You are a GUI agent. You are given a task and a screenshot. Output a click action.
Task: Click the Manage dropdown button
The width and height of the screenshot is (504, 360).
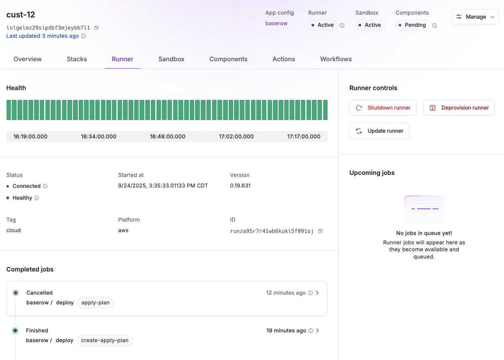475,17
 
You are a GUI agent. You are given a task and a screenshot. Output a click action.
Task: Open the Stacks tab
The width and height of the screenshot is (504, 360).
77,59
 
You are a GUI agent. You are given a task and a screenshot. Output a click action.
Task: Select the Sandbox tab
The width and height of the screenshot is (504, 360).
171,59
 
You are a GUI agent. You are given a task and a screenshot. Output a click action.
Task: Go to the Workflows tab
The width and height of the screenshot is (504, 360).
336,59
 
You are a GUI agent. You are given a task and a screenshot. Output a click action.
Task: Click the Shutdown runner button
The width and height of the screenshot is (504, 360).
383,108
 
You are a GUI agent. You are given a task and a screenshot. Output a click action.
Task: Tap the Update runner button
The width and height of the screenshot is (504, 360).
379,131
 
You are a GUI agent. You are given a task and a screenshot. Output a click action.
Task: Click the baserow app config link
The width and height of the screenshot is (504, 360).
276,24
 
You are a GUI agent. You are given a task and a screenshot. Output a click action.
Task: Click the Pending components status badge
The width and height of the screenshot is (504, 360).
412,25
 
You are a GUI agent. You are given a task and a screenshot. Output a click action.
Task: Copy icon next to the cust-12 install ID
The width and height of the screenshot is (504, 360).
97,28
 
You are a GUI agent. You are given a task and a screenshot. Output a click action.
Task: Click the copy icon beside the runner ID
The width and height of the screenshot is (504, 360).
320,231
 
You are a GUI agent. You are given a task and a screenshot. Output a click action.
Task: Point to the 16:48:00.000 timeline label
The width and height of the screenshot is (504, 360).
167,137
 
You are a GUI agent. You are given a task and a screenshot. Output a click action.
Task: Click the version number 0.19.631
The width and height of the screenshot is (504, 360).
240,186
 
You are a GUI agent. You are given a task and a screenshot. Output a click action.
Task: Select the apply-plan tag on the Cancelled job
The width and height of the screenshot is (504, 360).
95,303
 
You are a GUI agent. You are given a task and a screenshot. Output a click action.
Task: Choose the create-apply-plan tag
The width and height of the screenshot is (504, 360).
105,341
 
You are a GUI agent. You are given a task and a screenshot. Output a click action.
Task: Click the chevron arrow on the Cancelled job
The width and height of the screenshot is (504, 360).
317,293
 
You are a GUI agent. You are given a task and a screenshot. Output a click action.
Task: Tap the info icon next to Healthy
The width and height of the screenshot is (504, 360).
37,198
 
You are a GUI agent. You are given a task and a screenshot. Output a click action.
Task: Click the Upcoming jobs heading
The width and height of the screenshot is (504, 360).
372,173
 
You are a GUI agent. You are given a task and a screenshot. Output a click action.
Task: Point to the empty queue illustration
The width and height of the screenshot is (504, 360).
424,209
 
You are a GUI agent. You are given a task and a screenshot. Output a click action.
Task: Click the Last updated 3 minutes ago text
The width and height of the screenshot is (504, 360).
43,36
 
